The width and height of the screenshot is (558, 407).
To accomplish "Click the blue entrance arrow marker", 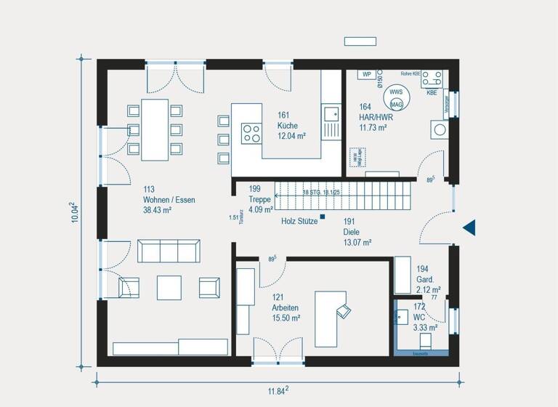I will coord(469,227).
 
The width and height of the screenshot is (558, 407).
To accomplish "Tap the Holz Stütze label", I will coord(299,221).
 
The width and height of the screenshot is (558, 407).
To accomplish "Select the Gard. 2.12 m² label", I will coord(425,280).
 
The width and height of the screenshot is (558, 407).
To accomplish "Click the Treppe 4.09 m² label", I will coord(260,199).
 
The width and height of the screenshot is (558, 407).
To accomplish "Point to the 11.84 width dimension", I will coord(278,391).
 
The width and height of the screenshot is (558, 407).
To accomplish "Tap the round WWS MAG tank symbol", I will coord(396,98).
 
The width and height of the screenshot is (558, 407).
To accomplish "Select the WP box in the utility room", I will coord(367,75).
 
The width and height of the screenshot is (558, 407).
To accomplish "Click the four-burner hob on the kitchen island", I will coord(251,133).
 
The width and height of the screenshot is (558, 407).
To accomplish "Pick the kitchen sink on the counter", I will coord(331,113).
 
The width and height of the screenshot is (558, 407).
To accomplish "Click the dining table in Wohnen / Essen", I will coord(154,129).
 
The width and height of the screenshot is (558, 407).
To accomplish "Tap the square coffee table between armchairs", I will coord(169,286).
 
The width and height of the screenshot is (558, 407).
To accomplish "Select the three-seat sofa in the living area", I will coord(169,251).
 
